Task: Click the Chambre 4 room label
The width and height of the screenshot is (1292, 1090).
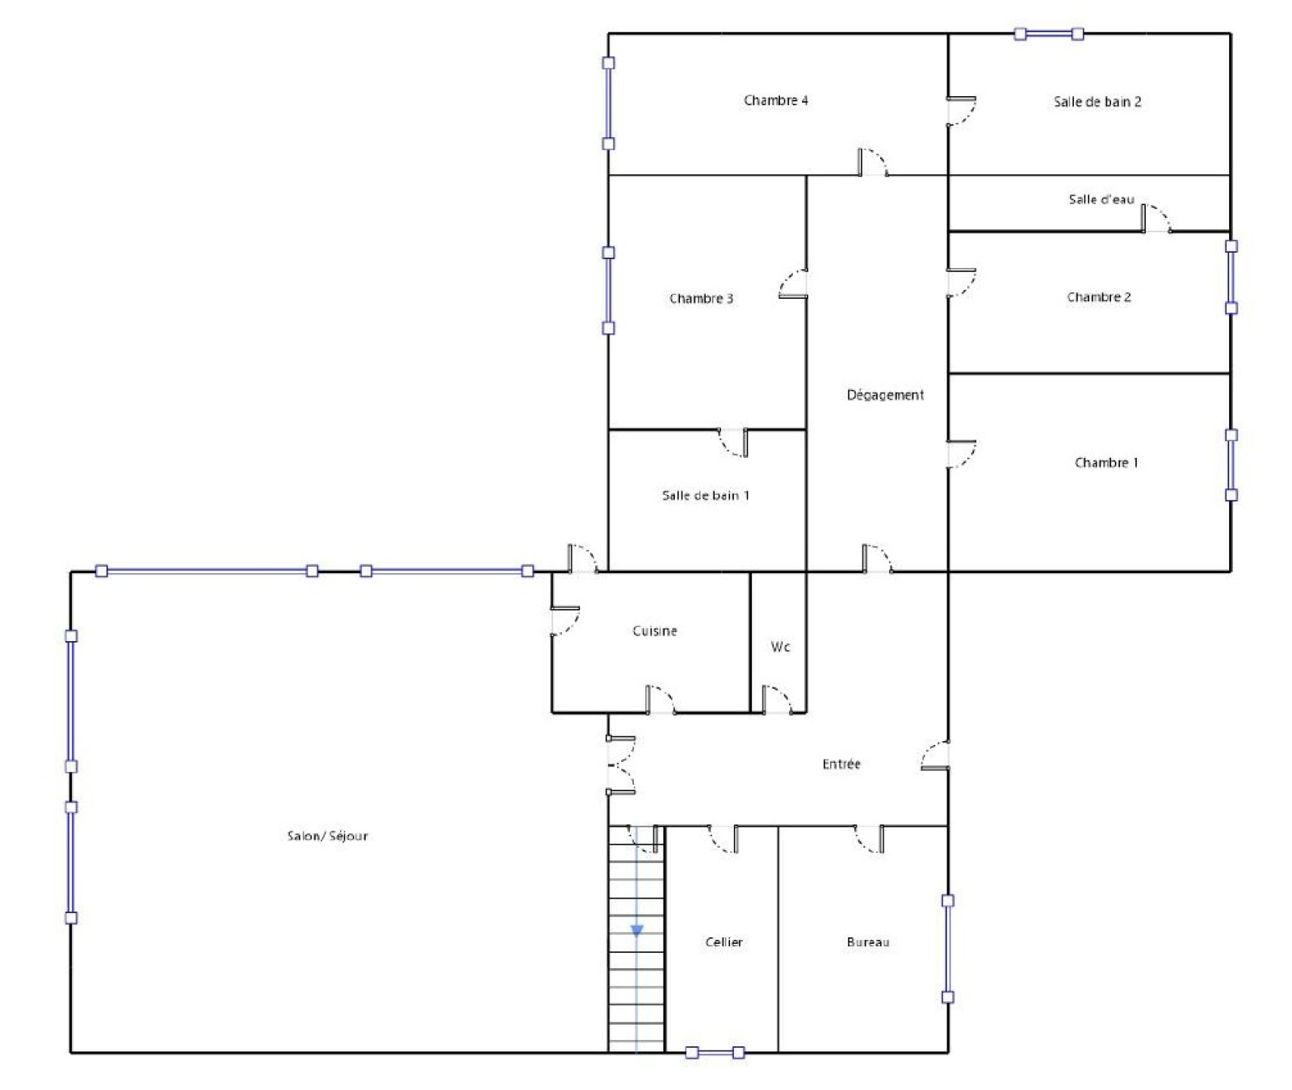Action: [x=775, y=100]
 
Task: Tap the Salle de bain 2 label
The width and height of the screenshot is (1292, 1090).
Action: [x=1097, y=102]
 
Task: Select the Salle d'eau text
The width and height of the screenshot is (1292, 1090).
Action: [x=1101, y=199]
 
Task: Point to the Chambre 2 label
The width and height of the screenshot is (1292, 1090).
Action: [x=1098, y=297]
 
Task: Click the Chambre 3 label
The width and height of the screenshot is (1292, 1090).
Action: [x=701, y=299]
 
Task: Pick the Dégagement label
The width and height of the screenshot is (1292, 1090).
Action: [x=885, y=395]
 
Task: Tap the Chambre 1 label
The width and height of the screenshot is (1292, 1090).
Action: [x=1106, y=463]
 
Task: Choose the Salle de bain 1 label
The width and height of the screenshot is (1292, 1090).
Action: [x=706, y=496]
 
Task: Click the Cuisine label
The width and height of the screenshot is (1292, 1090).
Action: [x=654, y=631]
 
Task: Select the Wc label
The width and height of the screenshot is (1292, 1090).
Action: [x=780, y=647]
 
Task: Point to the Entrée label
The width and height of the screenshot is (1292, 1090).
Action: [x=841, y=764]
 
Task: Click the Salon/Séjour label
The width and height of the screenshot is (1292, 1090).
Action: [x=328, y=836]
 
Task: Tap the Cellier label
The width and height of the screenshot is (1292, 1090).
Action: [x=724, y=942]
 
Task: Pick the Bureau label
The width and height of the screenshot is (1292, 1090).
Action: [x=868, y=942]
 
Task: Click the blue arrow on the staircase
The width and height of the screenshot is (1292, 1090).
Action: [x=636, y=931]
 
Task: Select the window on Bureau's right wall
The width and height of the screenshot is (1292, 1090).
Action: [x=948, y=949]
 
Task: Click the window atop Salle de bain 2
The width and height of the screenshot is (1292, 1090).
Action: [x=1049, y=34]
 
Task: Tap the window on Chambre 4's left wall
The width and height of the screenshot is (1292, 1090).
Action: [x=609, y=103]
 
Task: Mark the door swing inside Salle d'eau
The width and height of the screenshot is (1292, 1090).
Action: [x=1156, y=218]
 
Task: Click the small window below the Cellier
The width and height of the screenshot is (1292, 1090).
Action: [x=715, y=1053]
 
